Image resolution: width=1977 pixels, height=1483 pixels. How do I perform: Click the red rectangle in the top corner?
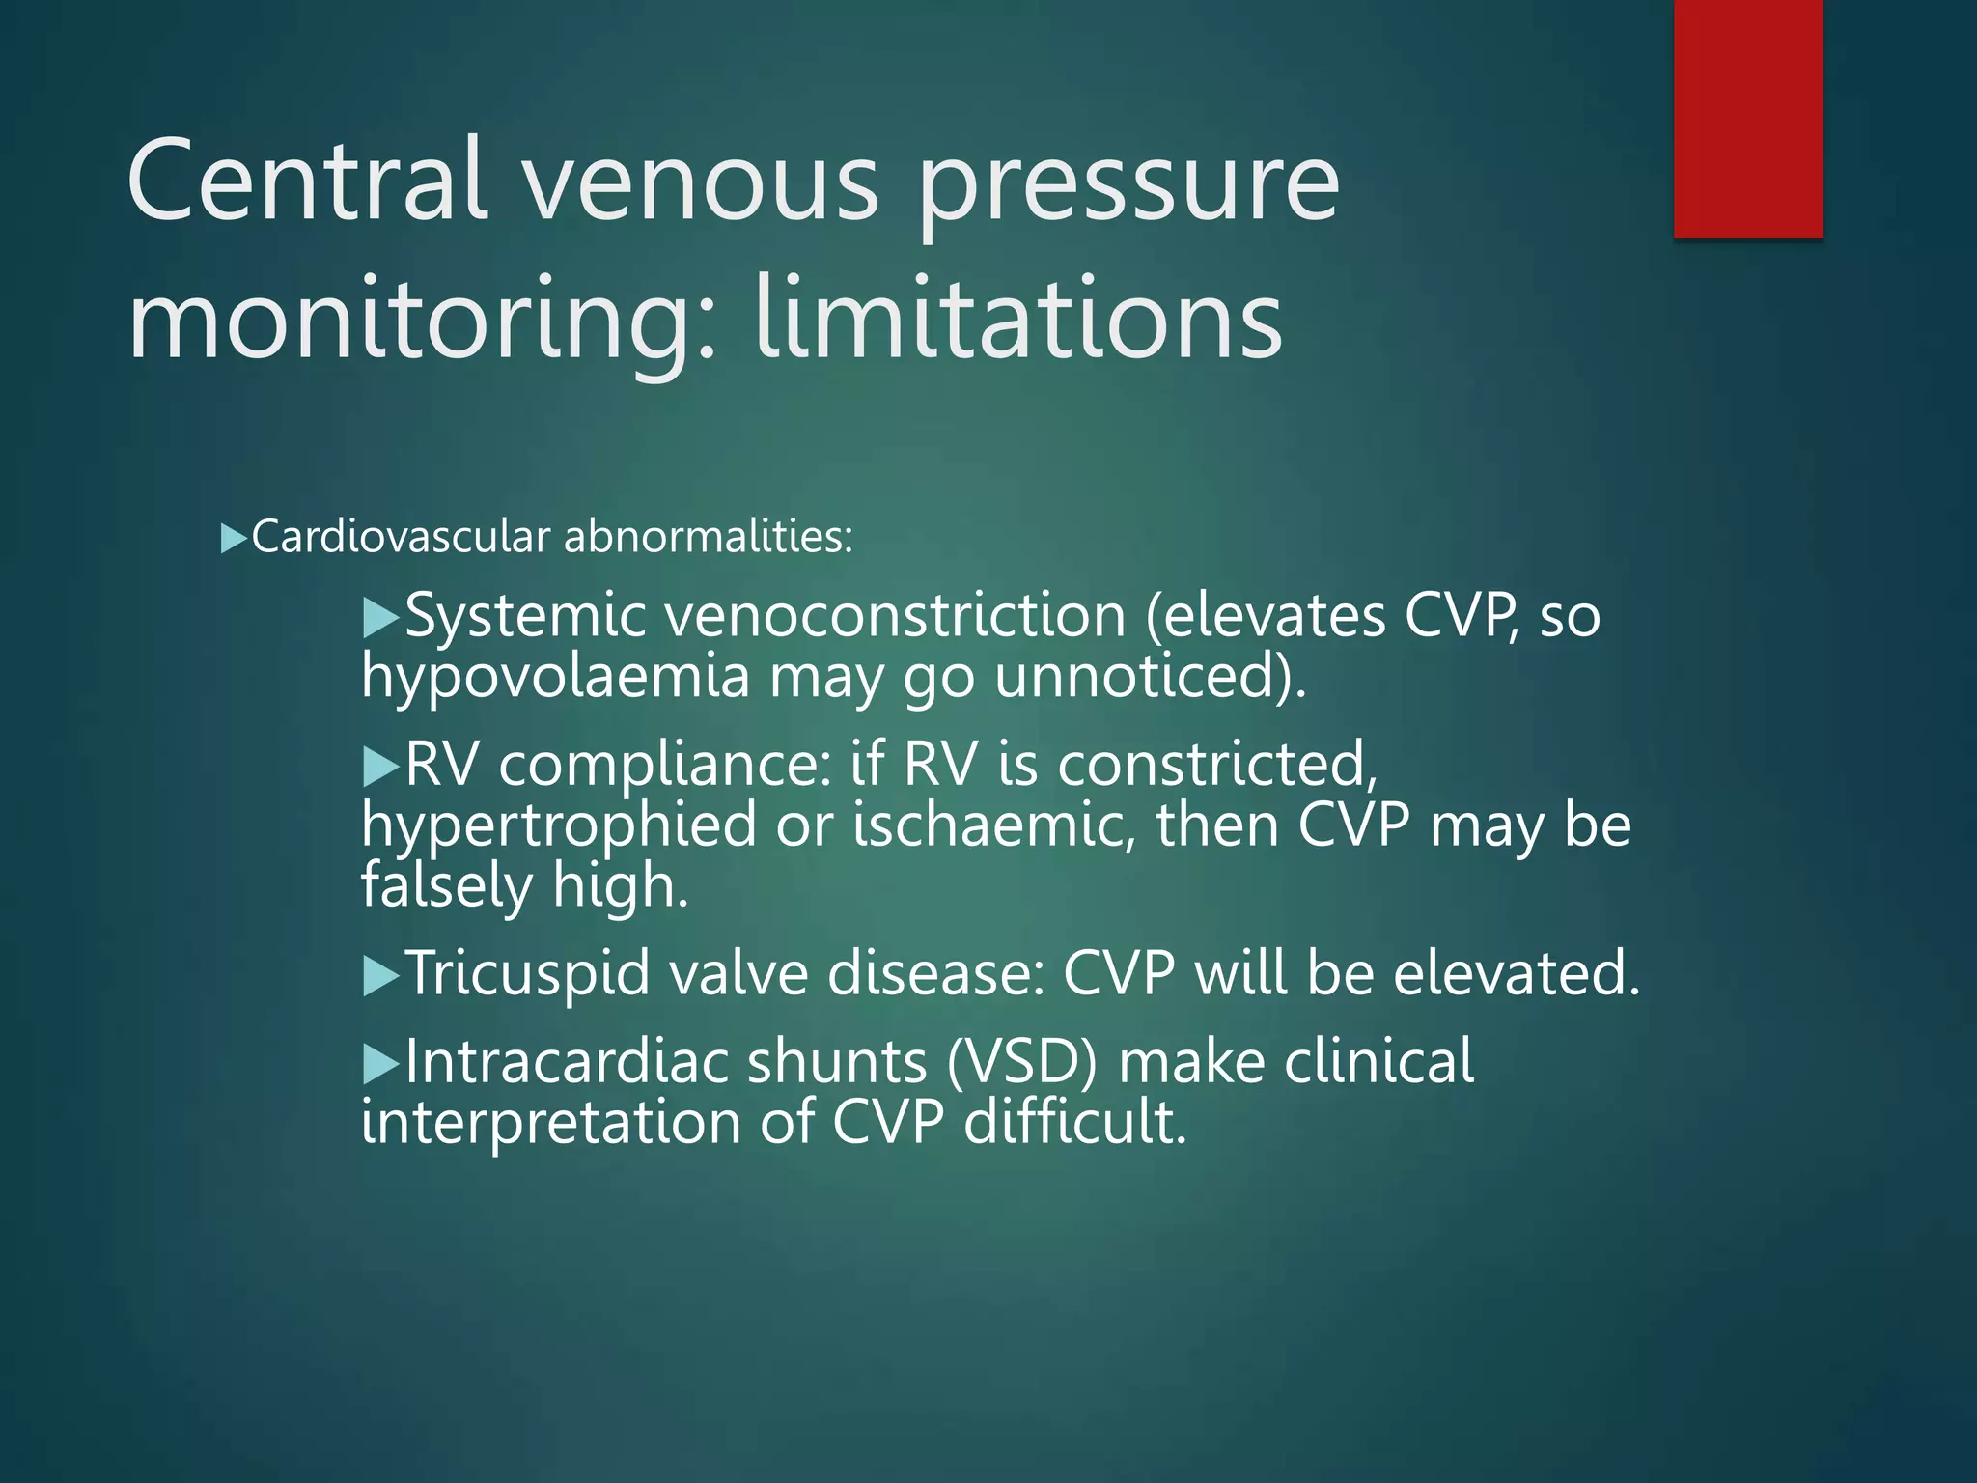tap(1747, 118)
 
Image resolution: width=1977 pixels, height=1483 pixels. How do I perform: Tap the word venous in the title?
tap(702, 181)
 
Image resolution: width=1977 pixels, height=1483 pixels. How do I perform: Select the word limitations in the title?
tap(1018, 318)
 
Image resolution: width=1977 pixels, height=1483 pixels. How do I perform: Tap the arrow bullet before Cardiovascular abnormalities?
tap(234, 538)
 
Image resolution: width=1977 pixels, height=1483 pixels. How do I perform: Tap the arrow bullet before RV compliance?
tap(380, 768)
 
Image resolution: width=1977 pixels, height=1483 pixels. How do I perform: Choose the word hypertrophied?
tap(559, 827)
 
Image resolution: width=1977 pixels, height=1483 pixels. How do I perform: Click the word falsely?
tap(446, 885)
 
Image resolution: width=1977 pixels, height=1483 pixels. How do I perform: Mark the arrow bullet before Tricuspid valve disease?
tap(380, 976)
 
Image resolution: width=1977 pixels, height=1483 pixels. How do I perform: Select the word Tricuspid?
tap(527, 973)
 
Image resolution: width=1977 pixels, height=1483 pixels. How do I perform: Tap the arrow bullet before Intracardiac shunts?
tap(380, 1065)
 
